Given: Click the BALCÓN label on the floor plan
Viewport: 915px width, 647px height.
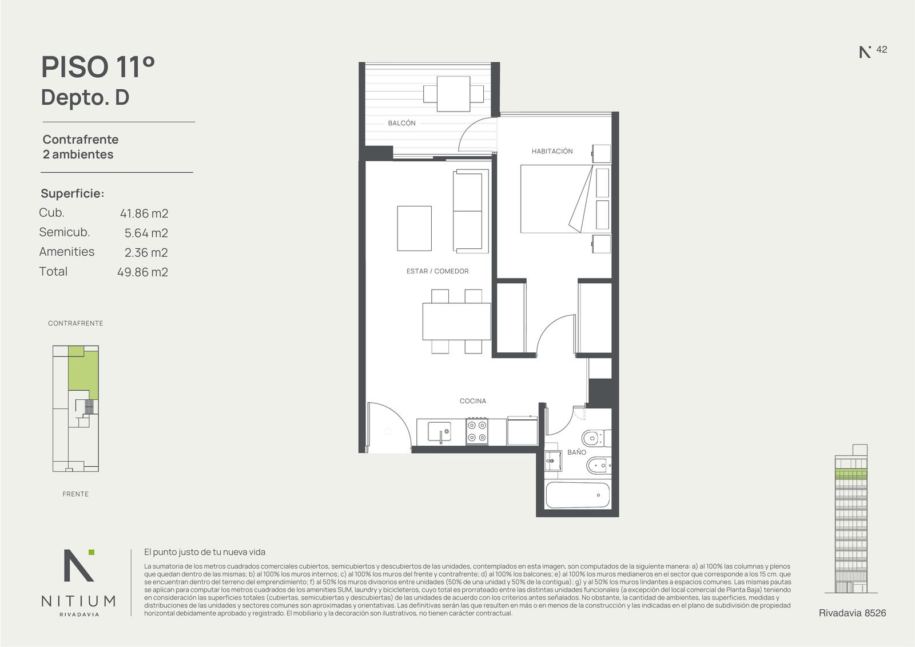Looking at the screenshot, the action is click(x=401, y=123).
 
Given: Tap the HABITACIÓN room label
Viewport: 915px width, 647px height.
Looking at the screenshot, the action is click(x=552, y=151).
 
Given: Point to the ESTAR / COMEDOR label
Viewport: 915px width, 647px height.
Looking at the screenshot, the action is click(x=437, y=271).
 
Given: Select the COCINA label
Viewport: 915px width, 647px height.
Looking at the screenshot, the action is click(x=472, y=401).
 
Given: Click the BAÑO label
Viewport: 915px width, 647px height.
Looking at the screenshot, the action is click(x=576, y=452).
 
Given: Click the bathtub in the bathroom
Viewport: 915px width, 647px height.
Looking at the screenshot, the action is click(x=578, y=495).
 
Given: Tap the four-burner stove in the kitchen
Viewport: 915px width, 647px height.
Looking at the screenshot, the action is click(x=477, y=431).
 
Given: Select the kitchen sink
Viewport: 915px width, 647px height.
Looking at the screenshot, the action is click(x=439, y=432).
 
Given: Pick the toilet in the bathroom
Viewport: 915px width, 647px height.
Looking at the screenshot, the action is click(x=596, y=439).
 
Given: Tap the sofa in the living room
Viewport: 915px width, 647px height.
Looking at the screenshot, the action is click(x=471, y=211).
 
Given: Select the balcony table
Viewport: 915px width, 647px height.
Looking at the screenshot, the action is click(x=453, y=94).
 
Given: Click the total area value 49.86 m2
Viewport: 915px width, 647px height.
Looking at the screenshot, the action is click(x=142, y=272).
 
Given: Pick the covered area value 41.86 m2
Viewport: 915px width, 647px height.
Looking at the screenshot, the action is click(x=144, y=213).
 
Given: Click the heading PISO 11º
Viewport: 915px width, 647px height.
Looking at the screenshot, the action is click(x=98, y=67).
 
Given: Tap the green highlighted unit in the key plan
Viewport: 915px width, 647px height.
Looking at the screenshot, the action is click(x=83, y=372).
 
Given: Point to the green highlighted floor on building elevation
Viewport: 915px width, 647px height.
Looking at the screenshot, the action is click(x=852, y=474).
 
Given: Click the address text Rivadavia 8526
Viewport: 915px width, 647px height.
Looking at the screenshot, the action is click(x=853, y=613).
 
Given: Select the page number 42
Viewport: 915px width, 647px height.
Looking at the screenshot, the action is click(x=881, y=49).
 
